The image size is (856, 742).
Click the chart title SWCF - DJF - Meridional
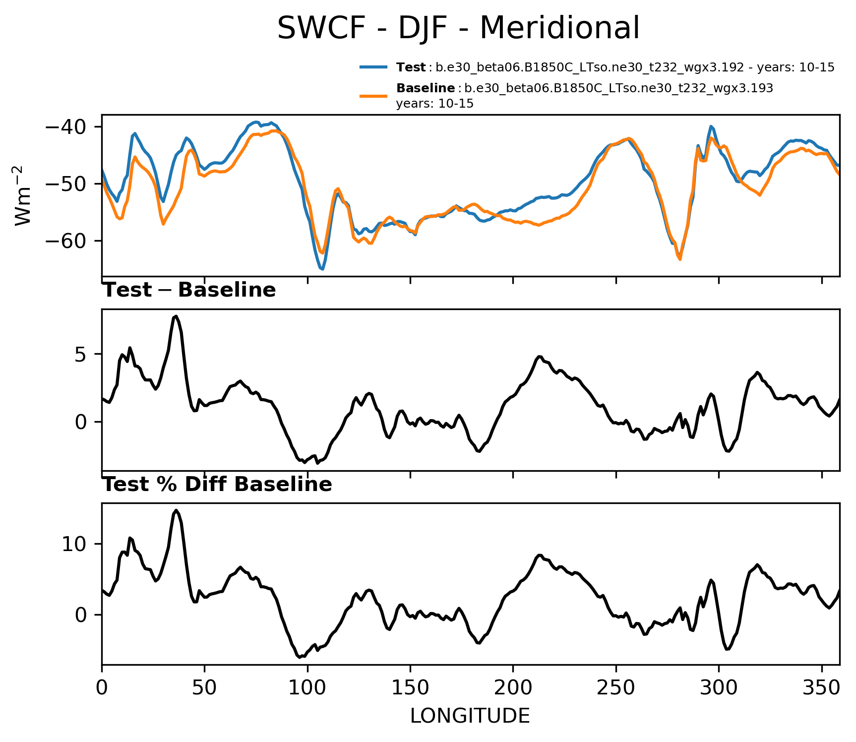point(458,28)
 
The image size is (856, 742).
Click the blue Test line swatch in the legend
point(373,67)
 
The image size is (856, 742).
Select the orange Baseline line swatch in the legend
point(373,95)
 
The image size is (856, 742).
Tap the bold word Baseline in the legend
point(426,88)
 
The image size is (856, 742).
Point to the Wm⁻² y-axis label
point(23,195)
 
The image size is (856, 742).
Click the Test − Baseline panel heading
point(189,290)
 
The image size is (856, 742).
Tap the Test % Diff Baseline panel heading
point(217,485)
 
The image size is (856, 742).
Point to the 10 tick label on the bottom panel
point(74,545)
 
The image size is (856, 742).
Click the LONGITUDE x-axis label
point(470,716)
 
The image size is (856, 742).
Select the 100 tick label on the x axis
point(307,687)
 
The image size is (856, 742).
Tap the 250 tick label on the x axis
point(616,687)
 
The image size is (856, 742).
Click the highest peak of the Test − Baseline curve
point(176,316)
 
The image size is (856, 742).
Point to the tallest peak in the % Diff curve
point(176,510)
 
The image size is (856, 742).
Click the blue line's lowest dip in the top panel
point(322,269)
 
